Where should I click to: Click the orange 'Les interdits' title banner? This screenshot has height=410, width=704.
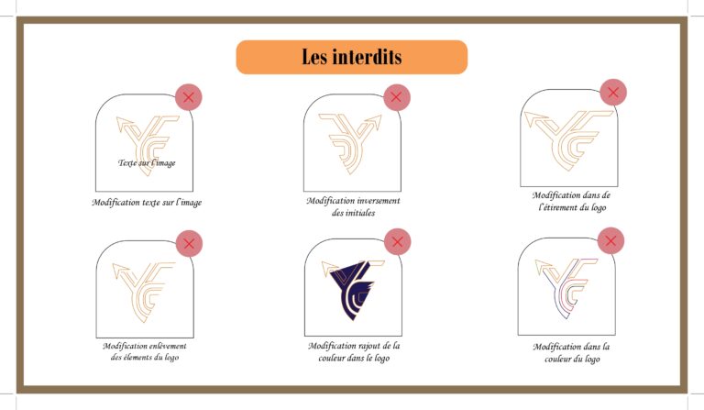pos(352,57)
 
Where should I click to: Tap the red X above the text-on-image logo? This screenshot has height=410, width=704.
pos(189,97)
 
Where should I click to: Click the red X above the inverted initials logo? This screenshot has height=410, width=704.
pos(396,97)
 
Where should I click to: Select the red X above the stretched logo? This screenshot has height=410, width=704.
pos(613,93)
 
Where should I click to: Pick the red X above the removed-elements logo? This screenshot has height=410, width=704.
pos(189,243)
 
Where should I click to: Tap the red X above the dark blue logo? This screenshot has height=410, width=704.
pos(397,241)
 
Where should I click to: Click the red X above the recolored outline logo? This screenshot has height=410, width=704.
pos(610,240)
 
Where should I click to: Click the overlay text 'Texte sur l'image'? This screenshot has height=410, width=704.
pos(147,162)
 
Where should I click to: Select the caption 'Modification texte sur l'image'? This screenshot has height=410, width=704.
pos(147,202)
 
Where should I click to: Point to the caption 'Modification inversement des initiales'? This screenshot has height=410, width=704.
pos(353,206)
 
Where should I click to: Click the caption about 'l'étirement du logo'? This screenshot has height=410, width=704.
pos(572,201)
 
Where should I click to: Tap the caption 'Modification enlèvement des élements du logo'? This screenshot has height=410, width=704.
pos(145,351)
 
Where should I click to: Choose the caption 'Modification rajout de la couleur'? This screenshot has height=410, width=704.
pos(354,351)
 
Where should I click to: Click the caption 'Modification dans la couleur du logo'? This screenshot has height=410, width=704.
pos(572,352)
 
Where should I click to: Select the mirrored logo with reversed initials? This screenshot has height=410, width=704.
pos(350,144)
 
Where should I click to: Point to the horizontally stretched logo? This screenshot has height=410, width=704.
pos(569,140)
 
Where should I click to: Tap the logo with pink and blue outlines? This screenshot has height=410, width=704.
pos(566,288)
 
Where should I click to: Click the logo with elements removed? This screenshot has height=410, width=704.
pos(143,292)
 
